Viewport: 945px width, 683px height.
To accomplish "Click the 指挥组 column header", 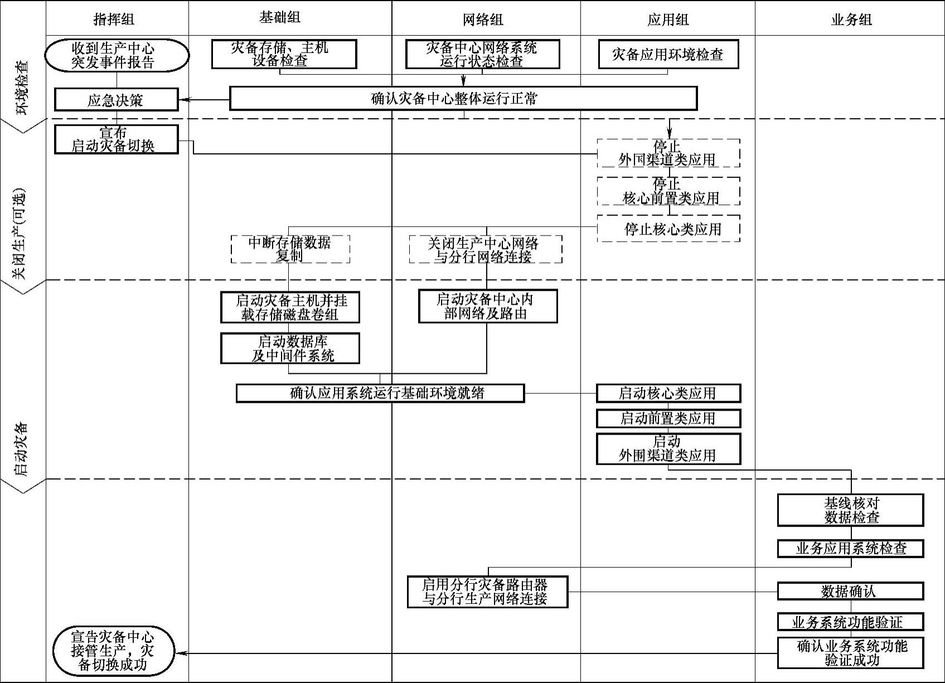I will point(114,20).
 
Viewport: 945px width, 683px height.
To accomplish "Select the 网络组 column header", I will point(483,20).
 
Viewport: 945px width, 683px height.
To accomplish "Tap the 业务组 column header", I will point(851,20).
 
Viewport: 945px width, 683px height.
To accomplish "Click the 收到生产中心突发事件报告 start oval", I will point(117,55).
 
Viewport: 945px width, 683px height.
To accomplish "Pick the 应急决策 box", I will point(116,100).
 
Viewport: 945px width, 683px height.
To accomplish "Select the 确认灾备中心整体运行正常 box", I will point(463,99).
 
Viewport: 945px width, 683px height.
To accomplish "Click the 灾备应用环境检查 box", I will point(668,55).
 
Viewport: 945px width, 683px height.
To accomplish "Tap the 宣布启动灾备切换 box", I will point(116,139).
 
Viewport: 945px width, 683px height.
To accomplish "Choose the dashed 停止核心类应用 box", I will point(668,229).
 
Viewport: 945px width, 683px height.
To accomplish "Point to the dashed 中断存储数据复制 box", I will point(290,249).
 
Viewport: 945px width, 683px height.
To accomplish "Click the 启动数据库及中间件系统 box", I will point(290,349).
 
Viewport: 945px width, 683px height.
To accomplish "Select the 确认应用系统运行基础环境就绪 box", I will point(380,393).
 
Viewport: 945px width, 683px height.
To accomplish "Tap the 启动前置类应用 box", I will point(668,418).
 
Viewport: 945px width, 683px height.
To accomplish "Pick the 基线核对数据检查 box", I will point(850,510).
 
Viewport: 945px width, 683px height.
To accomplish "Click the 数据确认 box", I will point(850,591).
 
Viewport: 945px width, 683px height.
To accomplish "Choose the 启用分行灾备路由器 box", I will point(487,592).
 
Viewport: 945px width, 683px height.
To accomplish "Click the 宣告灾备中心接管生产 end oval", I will point(114,651).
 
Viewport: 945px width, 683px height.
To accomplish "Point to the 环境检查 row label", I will point(23,87).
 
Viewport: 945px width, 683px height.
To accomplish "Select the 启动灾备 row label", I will point(23,450).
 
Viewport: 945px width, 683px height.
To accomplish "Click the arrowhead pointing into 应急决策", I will point(183,100).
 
